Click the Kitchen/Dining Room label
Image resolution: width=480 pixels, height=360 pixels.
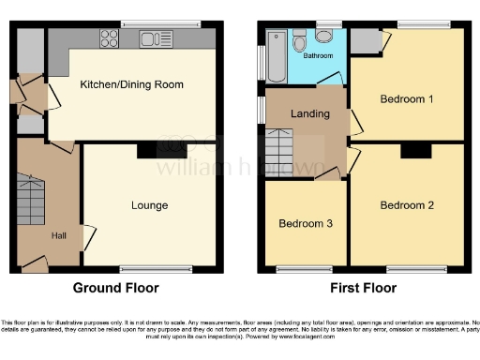pyautogui.click(x=131, y=84)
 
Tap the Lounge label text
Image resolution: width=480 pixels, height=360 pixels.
pyautogui.click(x=149, y=205)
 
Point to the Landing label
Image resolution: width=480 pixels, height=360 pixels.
pyautogui.click(x=310, y=114)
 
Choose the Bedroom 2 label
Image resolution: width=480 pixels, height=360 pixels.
pyautogui.click(x=407, y=204)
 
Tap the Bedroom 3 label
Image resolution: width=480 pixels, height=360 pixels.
pyautogui.click(x=302, y=225)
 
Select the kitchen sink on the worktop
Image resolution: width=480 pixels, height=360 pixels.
pyautogui.click(x=151, y=39)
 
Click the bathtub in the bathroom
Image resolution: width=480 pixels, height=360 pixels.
pyautogui.click(x=277, y=54)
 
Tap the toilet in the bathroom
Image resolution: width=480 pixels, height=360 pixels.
pyautogui.click(x=325, y=36)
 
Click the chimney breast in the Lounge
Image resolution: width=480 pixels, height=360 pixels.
pyautogui.click(x=147, y=150)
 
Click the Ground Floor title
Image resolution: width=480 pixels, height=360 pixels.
pyautogui.click(x=116, y=289)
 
